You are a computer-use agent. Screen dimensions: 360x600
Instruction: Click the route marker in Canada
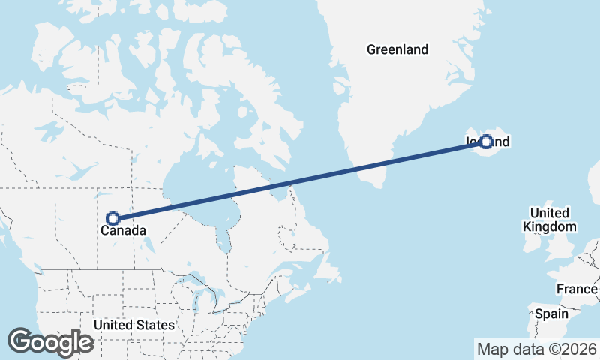pyautogui.click(x=113, y=218)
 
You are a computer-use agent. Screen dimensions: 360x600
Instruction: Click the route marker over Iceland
pyautogui.click(x=486, y=141)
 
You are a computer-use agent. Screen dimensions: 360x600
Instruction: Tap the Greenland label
pyautogui.click(x=397, y=50)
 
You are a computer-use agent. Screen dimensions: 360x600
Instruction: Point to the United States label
pyautogui.click(x=134, y=325)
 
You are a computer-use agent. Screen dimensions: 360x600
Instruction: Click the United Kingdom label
pyautogui.click(x=550, y=220)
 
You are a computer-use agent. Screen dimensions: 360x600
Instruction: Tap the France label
pyautogui.click(x=577, y=289)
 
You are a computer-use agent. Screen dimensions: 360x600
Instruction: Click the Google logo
pyautogui.click(x=50, y=342)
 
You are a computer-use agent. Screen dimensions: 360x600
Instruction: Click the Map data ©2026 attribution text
pyautogui.click(x=537, y=349)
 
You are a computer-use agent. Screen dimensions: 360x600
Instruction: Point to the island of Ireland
pyautogui.click(x=532, y=244)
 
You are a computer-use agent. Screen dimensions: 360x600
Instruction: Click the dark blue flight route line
pyautogui.click(x=300, y=180)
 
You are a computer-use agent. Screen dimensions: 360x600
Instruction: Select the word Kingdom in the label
pyautogui.click(x=550, y=226)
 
